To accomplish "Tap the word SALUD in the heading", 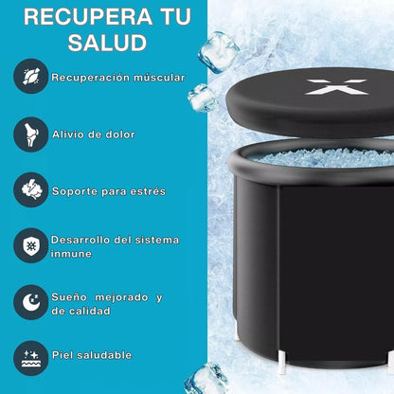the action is coord(107,43).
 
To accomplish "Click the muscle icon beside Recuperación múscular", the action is coord(31,76).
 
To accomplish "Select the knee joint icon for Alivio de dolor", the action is coord(31,134).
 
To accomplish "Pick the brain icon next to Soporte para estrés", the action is coord(31,189).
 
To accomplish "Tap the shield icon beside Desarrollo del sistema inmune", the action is coord(31,245).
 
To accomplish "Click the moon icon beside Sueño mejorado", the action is coord(31,302).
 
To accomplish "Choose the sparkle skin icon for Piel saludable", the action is coord(31,358).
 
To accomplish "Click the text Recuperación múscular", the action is coord(118,78).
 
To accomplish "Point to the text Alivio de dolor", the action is coord(94,134).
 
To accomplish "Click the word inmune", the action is coord(71,254).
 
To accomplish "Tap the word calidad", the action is coord(90,311).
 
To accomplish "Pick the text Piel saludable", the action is coord(92,355).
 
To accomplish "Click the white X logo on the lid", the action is coord(337,87).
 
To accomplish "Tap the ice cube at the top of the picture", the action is coord(219,52).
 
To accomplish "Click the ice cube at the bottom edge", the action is coord(206,379).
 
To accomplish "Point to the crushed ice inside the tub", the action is coord(325,157).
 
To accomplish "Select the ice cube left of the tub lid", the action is coord(202,98).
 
